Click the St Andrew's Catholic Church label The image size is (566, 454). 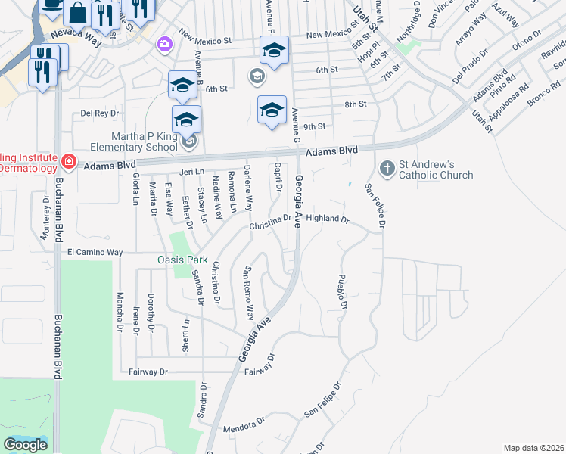coord(437,169)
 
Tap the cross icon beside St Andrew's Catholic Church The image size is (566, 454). coord(387,167)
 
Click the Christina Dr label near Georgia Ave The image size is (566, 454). coord(270,223)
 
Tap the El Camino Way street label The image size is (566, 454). coord(95,251)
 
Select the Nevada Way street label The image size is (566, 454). coord(75,34)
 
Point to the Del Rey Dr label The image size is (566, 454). coord(100,113)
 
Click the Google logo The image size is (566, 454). coord(25,444)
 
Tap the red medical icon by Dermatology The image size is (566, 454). coord(68,160)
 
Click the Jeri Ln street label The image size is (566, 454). coord(189,173)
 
